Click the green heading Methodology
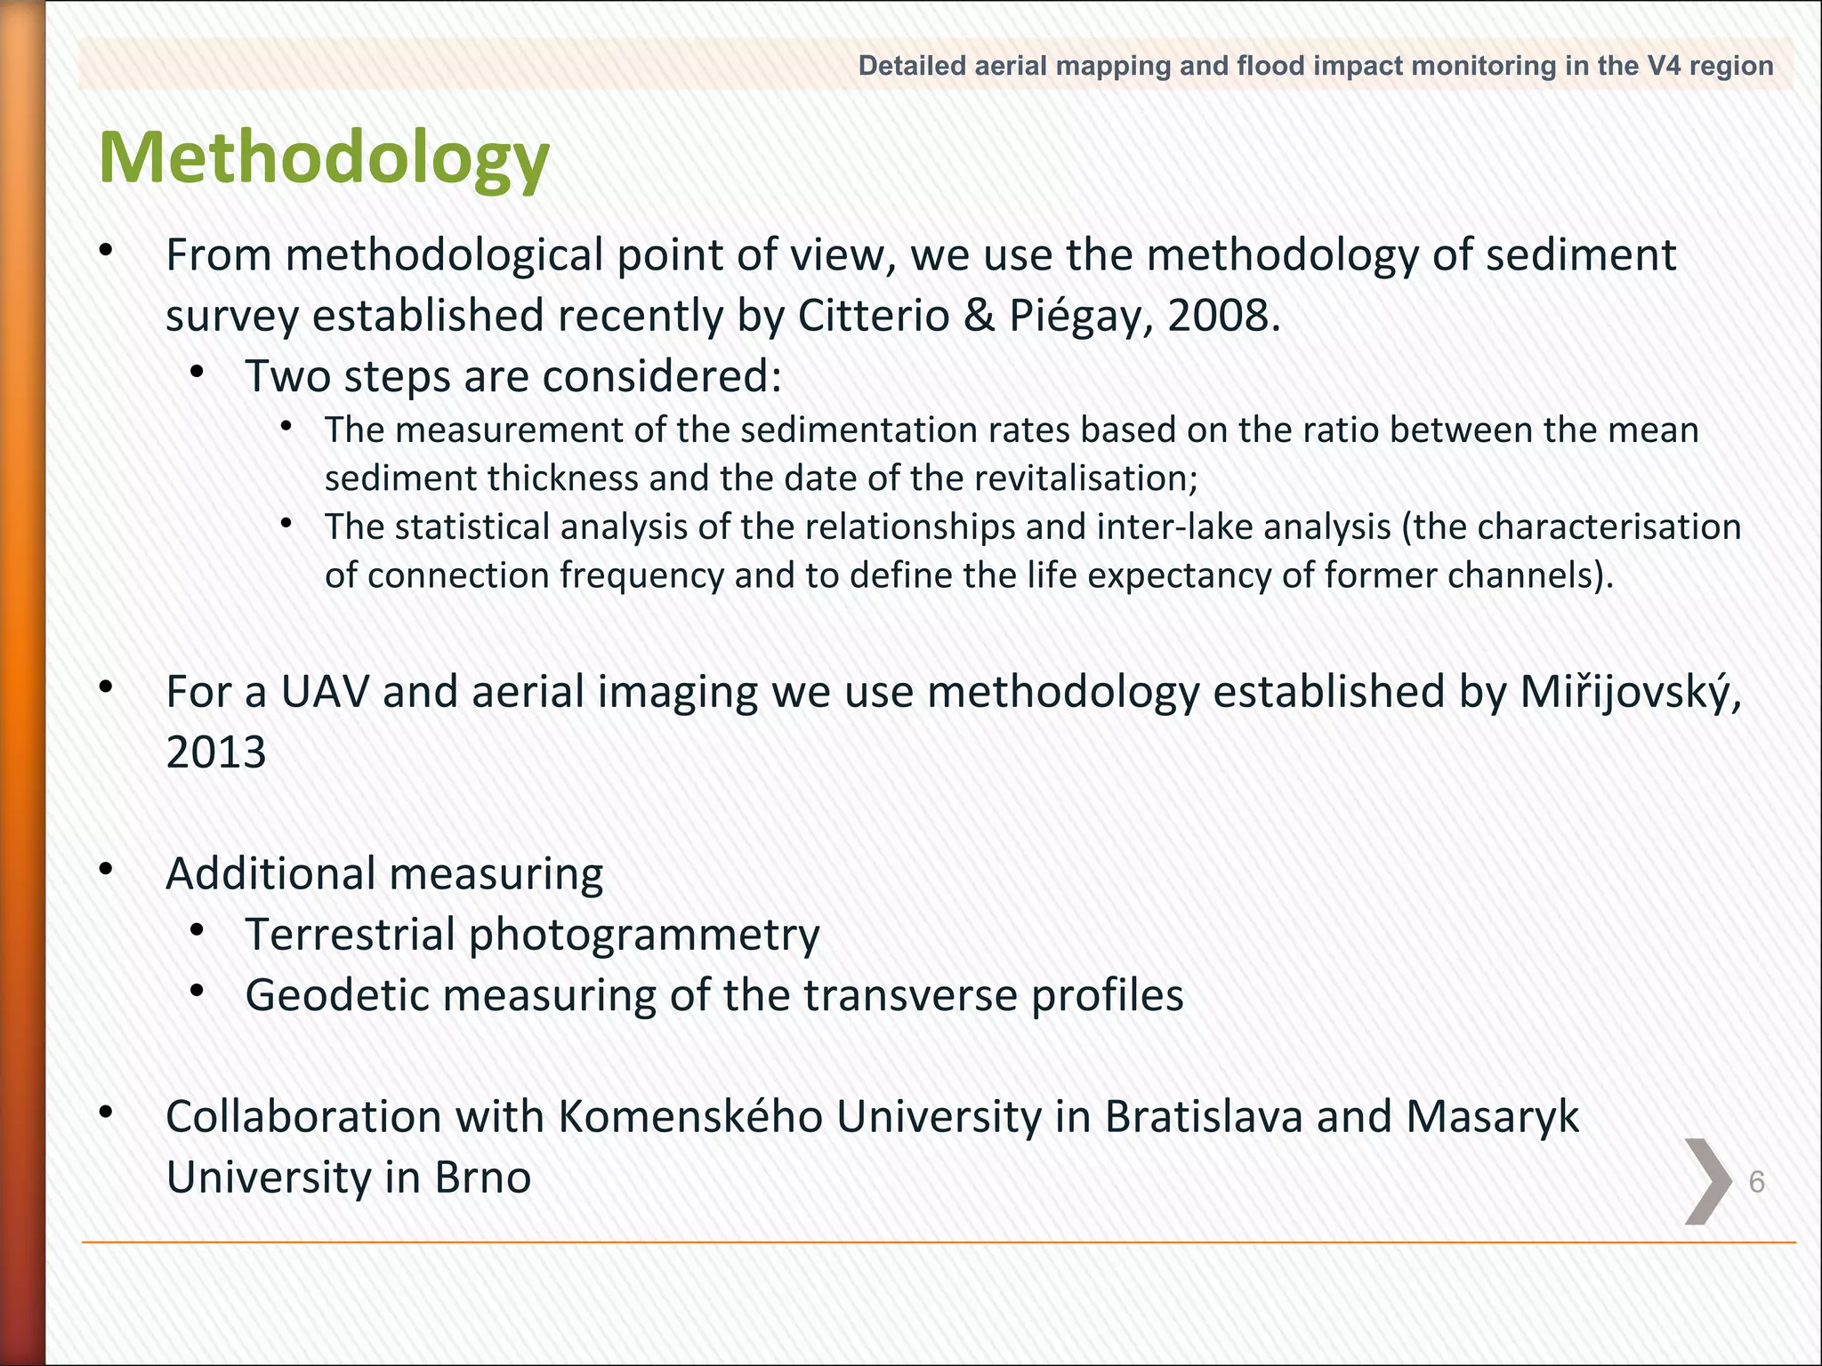tap(324, 158)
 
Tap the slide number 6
tap(1756, 1182)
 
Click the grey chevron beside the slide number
tap(1708, 1181)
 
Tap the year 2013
tap(216, 752)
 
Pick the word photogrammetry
tap(643, 935)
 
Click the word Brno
tap(482, 1177)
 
